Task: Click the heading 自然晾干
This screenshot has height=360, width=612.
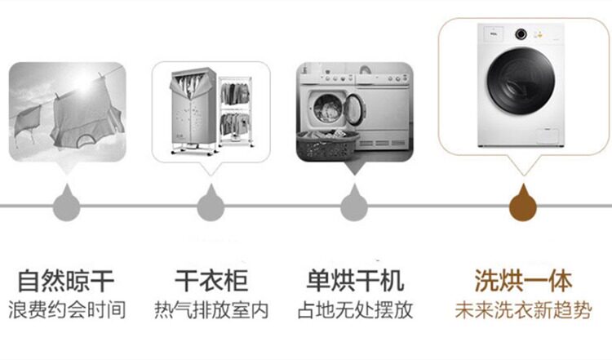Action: pos(66,280)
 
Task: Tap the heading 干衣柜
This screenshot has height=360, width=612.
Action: pos(211,280)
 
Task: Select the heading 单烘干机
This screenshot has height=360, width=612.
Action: pos(355,280)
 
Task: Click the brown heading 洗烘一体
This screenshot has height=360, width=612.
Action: pos(523,280)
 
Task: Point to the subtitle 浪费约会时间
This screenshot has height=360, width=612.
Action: pos(67,310)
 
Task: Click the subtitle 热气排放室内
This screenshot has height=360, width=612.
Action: pos(211,310)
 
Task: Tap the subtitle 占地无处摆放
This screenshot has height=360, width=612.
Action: pos(355,310)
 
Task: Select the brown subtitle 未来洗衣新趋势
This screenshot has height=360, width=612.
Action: pos(523,310)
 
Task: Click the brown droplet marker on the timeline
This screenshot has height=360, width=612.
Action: pos(523,204)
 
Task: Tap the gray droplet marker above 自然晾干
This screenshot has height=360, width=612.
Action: pos(67,204)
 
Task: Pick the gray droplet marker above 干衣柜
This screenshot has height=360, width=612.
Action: pos(211,204)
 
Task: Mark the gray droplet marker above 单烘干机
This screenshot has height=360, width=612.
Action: pos(354,204)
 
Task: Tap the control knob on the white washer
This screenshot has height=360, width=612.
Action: pos(521,34)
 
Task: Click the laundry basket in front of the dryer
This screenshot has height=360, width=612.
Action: pos(327,145)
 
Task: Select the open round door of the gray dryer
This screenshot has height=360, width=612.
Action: pos(354,109)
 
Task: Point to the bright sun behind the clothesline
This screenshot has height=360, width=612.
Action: pos(83,82)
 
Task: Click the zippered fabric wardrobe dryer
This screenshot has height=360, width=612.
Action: pos(193,110)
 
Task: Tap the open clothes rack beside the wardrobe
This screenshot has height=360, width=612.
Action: pos(235,112)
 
